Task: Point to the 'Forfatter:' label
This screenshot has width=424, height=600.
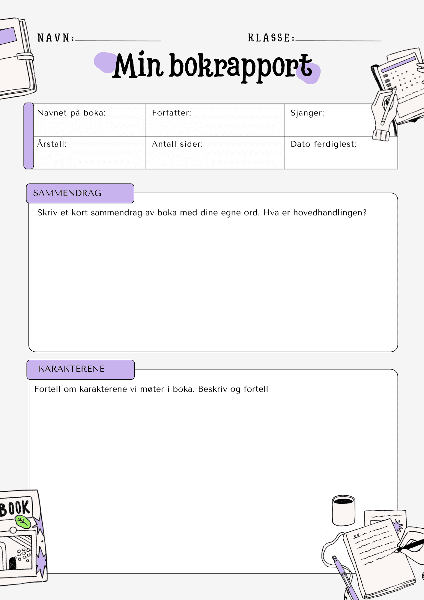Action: [172, 113]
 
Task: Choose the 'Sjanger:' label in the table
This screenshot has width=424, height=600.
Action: [307, 113]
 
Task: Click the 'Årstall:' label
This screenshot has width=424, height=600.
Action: [52, 144]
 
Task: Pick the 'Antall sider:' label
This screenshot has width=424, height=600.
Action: [177, 144]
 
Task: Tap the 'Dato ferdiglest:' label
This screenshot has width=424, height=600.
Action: [324, 144]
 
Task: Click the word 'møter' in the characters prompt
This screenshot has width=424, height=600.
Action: [152, 389]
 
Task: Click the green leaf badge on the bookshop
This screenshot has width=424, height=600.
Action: [23, 522]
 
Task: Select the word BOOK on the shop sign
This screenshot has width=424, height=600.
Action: [16, 507]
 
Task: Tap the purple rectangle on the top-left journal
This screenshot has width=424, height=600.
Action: [8, 36]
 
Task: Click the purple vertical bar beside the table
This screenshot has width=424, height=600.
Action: [29, 136]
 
